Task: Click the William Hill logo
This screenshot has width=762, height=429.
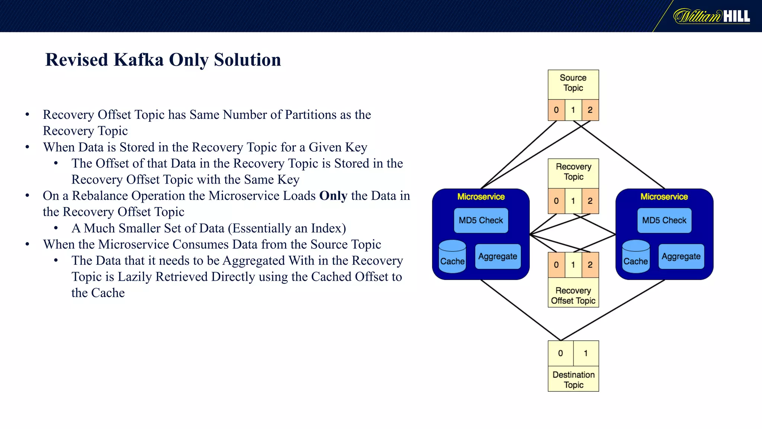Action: [x=711, y=16]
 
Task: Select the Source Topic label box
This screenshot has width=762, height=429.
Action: [x=573, y=83]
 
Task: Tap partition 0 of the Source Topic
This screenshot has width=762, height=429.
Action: [x=556, y=110]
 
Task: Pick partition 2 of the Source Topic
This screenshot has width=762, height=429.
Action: [x=590, y=110]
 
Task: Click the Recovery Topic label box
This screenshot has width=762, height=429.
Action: [x=573, y=172]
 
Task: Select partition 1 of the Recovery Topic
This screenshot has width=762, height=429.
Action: [x=573, y=201]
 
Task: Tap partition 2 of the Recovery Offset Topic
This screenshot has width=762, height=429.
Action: [x=590, y=265]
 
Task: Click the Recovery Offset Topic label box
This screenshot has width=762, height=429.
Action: [x=573, y=295]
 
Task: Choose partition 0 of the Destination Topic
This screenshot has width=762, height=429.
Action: [x=560, y=353]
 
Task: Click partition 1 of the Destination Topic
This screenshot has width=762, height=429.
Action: [x=586, y=353]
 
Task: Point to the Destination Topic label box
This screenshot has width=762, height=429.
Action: [x=573, y=379]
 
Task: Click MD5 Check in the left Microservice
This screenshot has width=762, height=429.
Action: [x=481, y=220]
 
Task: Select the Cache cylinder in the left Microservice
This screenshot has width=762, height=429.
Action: [x=452, y=257]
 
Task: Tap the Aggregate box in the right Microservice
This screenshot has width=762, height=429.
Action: [x=681, y=257]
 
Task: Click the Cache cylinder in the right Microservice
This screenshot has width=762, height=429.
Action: [x=635, y=257]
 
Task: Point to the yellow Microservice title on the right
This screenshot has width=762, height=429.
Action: [x=664, y=197]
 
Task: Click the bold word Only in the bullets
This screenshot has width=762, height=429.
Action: [x=333, y=196]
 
